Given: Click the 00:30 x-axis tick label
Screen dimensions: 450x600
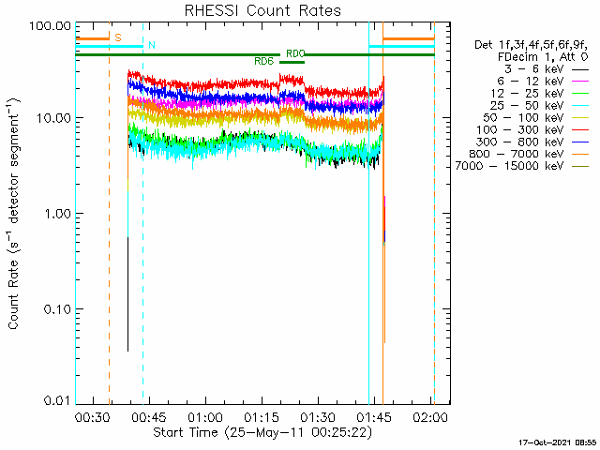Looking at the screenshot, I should (92, 415).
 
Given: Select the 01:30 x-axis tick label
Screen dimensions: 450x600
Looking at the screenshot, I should (318, 415).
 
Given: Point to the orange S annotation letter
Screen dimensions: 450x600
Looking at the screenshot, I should (117, 37).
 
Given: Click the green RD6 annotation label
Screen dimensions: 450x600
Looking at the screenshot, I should (263, 61).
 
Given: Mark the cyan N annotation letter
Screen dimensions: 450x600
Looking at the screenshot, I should (152, 45).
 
